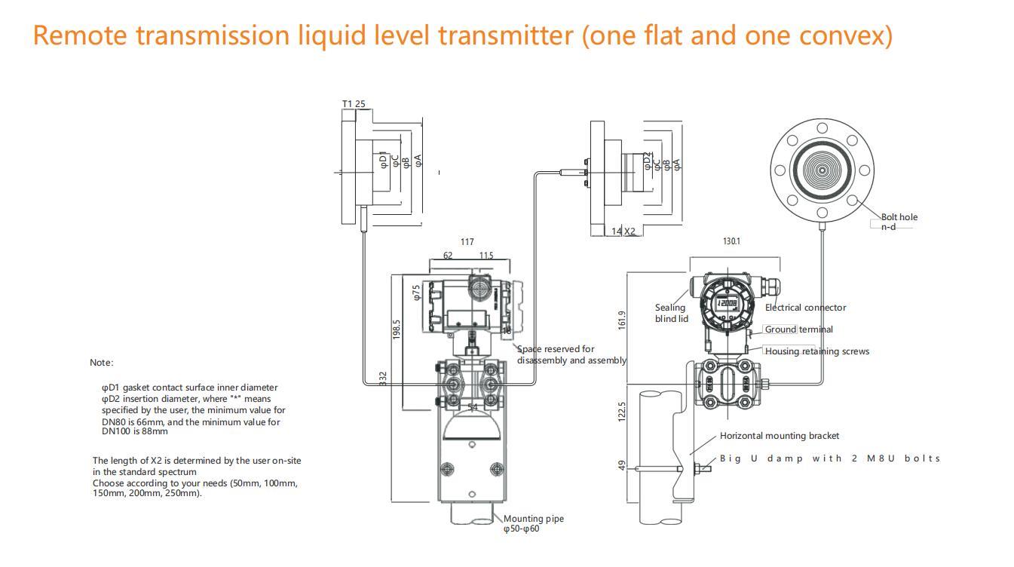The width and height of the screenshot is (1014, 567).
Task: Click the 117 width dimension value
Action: click(x=467, y=242)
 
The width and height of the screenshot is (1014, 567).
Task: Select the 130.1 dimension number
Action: click(x=731, y=241)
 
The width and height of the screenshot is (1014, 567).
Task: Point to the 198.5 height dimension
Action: click(x=397, y=329)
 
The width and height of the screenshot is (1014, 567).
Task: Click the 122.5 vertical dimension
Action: click(x=622, y=412)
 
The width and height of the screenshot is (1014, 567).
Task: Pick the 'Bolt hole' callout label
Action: click(x=899, y=217)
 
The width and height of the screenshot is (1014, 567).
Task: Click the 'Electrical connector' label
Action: click(x=805, y=308)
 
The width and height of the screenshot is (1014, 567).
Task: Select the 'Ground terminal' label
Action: click(x=799, y=329)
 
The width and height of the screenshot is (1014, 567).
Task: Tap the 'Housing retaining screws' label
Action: click(x=816, y=351)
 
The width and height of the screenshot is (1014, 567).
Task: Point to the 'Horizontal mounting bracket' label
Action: click(x=779, y=436)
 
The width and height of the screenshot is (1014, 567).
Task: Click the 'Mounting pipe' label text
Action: click(x=533, y=519)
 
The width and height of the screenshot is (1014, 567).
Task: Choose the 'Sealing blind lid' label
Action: click(x=670, y=313)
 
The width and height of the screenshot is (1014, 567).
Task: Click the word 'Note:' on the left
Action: click(x=102, y=363)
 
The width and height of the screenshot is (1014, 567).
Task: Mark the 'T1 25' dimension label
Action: click(x=354, y=104)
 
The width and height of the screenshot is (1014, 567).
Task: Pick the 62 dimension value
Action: click(x=448, y=256)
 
